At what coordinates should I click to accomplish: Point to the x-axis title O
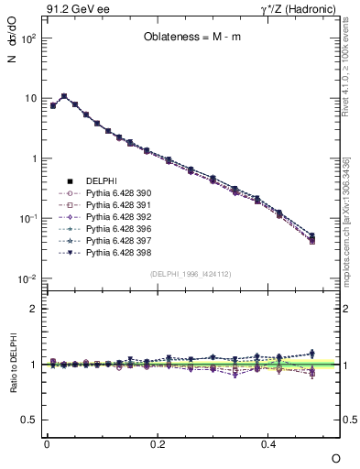point(335,458)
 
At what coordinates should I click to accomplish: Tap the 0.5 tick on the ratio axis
point(30,420)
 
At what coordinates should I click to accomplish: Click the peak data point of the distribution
point(63,95)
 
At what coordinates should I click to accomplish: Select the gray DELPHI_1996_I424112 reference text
point(192,273)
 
